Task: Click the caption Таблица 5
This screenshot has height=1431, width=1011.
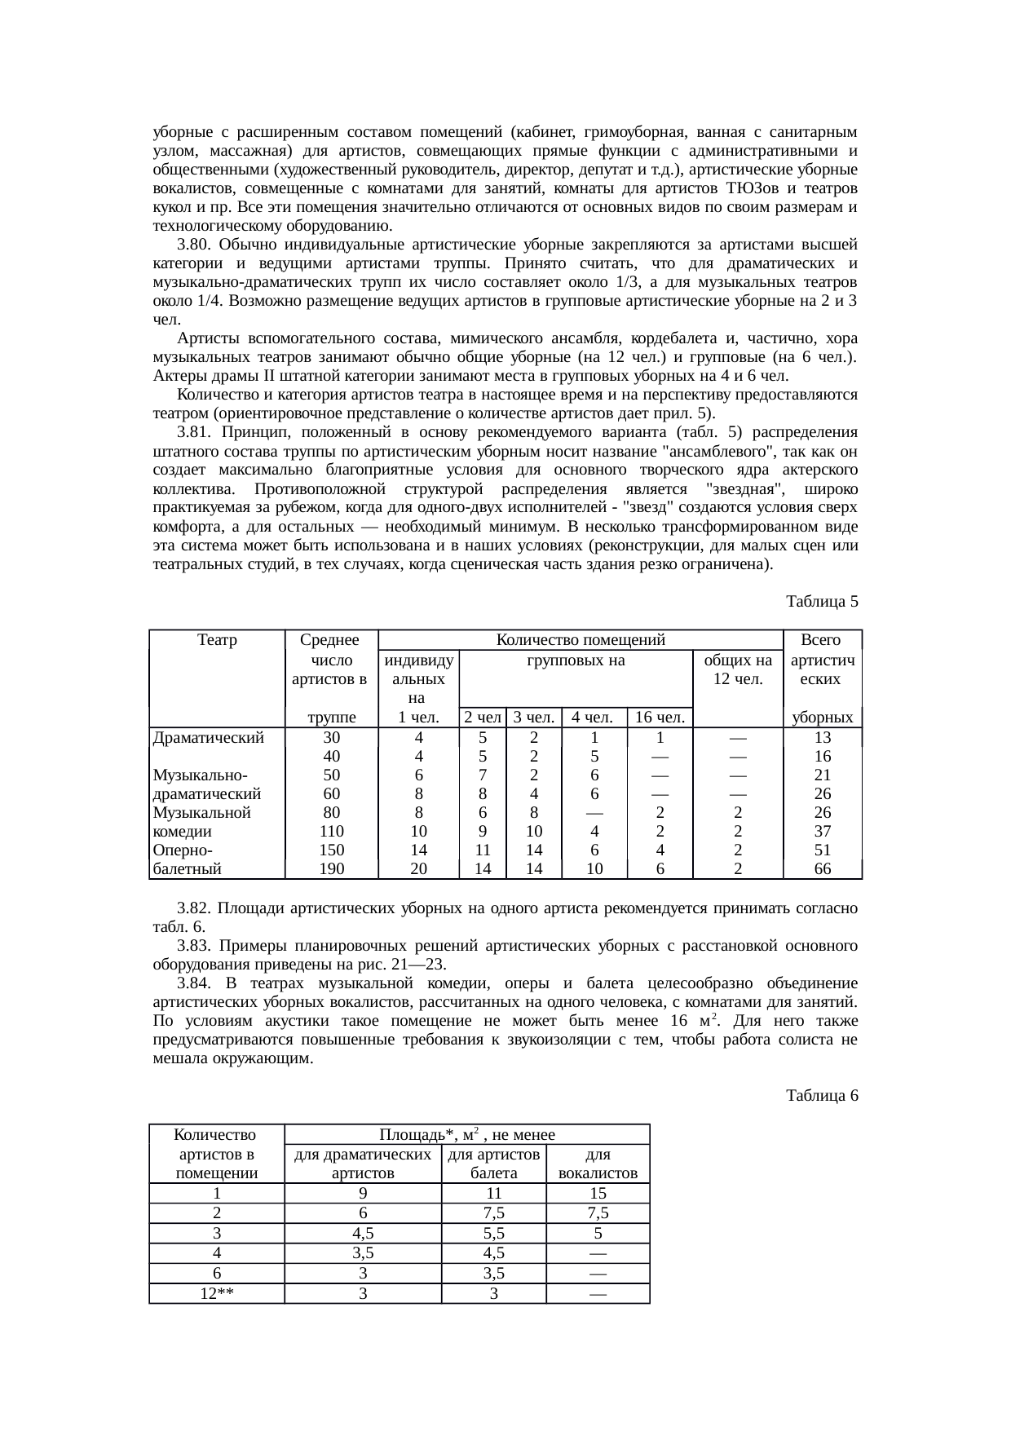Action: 821,602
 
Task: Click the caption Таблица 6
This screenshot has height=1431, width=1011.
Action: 821,1096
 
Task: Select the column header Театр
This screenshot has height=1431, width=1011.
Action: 217,640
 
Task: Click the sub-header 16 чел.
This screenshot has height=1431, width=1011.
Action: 660,718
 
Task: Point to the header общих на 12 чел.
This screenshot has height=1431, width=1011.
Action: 737,669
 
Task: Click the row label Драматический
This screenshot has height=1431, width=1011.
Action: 208,737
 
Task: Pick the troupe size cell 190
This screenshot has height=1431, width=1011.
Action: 332,869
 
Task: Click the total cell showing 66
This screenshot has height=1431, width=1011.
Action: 823,869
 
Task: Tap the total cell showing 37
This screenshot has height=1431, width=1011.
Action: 823,832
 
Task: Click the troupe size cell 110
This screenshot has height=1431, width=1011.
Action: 332,832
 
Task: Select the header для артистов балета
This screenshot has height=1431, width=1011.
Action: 494,1164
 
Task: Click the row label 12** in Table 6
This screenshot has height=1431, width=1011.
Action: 217,1293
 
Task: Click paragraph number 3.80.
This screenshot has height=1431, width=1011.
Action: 194,245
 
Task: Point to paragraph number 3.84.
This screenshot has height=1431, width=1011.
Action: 194,983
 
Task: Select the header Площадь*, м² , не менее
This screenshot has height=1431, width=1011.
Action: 467,1135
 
